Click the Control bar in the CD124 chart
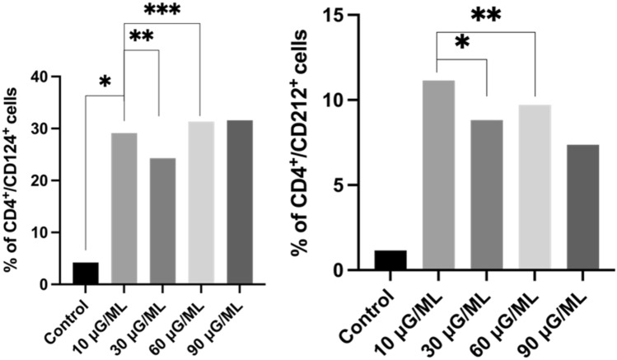tap(86, 274)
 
